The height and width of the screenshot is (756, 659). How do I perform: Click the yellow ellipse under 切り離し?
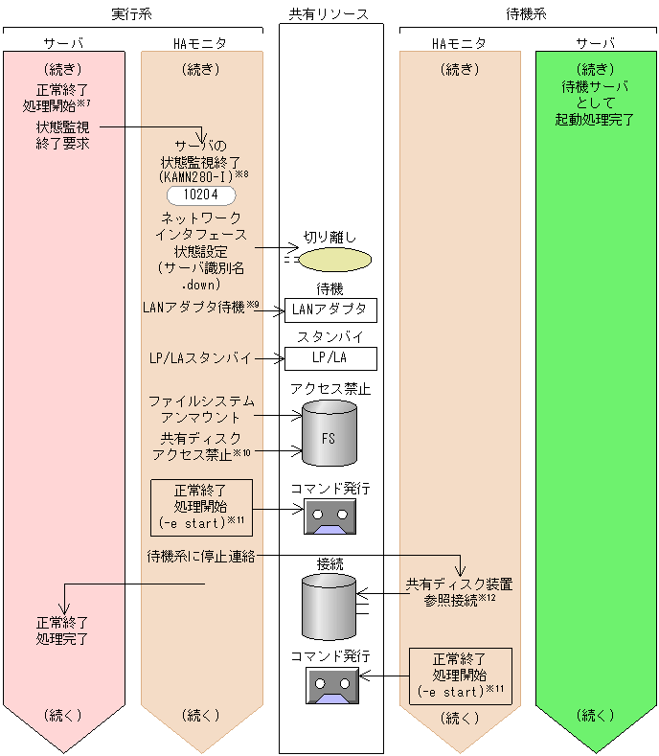[333, 260]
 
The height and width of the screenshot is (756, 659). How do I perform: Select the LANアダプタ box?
[330, 309]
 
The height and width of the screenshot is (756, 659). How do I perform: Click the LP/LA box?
[330, 358]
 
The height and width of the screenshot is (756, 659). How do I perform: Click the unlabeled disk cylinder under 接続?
[329, 607]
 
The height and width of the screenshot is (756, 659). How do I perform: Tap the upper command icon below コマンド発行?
[329, 516]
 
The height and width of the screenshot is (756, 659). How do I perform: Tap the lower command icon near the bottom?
[330, 685]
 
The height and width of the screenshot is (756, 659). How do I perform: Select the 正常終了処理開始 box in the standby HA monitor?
[460, 676]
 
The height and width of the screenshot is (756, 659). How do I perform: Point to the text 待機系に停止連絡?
[200, 557]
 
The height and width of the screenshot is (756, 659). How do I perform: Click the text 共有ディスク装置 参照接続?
[458, 593]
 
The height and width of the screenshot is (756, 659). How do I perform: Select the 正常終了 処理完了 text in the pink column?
[62, 630]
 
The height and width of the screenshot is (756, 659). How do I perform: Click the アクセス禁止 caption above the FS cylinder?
[330, 389]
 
